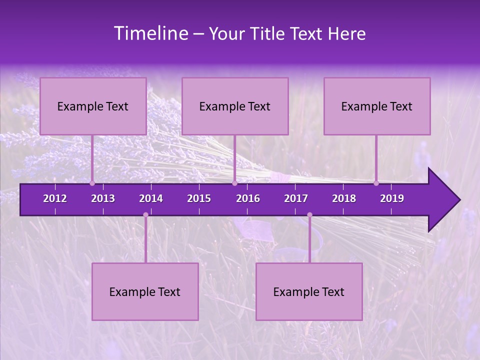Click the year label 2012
point(55,198)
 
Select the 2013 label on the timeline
point(103,198)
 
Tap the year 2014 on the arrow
point(151,198)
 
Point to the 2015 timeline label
point(199,198)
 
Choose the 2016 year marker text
point(248,198)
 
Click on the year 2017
point(296,198)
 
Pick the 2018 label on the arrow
point(344,198)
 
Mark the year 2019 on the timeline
point(392,198)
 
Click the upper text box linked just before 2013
point(93,106)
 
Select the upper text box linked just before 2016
point(235,106)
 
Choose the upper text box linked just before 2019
point(377,106)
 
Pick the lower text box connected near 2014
point(145,292)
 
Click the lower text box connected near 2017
point(309,292)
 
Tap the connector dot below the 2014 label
point(145,215)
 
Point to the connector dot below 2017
point(309,215)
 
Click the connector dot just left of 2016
point(234,183)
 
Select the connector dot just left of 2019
point(376,183)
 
